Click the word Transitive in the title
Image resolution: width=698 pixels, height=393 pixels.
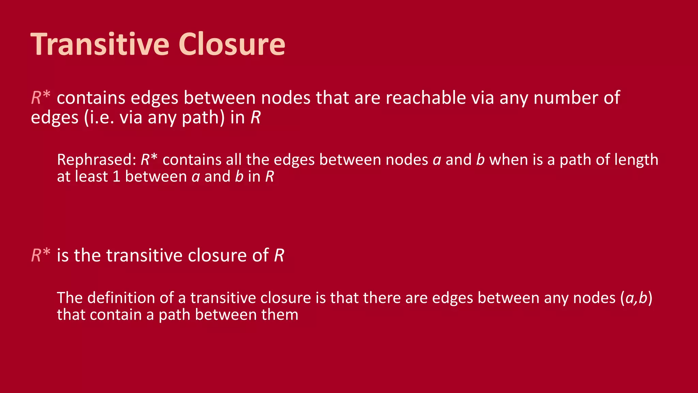coord(100,44)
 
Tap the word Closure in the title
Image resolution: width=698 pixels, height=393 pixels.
coord(232,44)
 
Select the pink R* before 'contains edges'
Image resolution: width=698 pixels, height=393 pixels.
coord(41,98)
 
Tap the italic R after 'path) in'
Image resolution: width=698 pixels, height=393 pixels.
coord(256,117)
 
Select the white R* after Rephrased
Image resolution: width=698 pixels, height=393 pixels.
coord(149,160)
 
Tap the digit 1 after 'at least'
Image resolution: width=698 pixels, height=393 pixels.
coord(116,177)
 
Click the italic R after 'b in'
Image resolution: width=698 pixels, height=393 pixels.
coord(270,177)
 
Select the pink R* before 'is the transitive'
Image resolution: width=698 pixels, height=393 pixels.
coord(41,255)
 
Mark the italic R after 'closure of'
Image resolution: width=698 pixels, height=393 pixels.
coord(279,255)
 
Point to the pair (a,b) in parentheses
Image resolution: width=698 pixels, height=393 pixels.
coord(636,298)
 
